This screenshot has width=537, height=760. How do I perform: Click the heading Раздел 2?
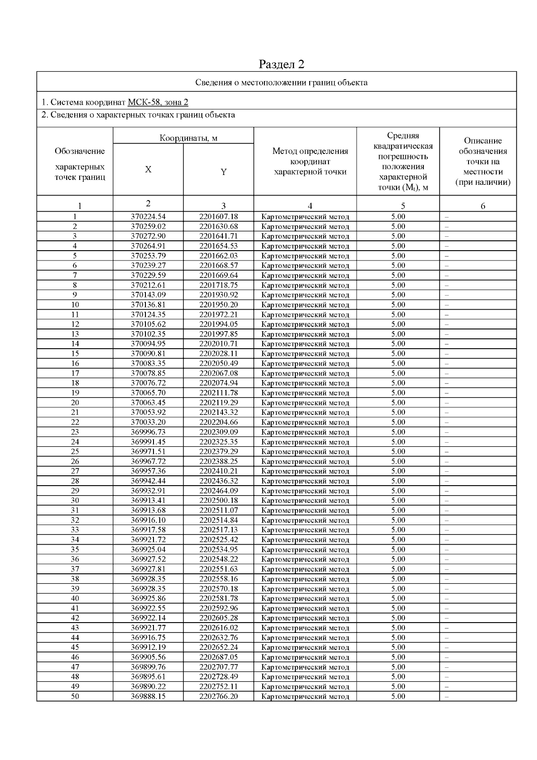pos(281,64)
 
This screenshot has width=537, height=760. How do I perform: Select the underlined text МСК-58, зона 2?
pos(158,102)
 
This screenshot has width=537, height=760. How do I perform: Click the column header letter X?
pos(148,170)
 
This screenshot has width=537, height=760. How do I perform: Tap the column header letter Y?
pos(223,172)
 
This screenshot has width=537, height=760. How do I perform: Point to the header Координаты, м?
pos(188,138)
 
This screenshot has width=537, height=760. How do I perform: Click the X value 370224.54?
pos(148,217)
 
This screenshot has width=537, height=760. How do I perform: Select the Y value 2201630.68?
pos(218,226)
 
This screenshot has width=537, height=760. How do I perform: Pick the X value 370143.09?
pos(148,295)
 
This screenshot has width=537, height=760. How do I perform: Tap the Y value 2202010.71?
pos(218,344)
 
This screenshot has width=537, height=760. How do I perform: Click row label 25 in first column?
pos(75,452)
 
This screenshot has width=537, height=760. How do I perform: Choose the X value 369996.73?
pos(148,432)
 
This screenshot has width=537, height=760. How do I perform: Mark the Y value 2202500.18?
pos(218,500)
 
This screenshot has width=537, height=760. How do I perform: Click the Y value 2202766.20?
pos(218,696)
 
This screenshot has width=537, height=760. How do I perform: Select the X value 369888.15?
pos(148,696)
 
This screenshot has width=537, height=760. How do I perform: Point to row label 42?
pos(75,618)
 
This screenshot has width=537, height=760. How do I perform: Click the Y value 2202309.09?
pos(218,432)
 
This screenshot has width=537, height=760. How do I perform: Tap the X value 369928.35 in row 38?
pos(148,579)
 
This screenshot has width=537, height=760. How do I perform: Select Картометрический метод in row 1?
pos(305,217)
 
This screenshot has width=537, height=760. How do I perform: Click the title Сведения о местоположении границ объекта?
pos(281,82)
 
